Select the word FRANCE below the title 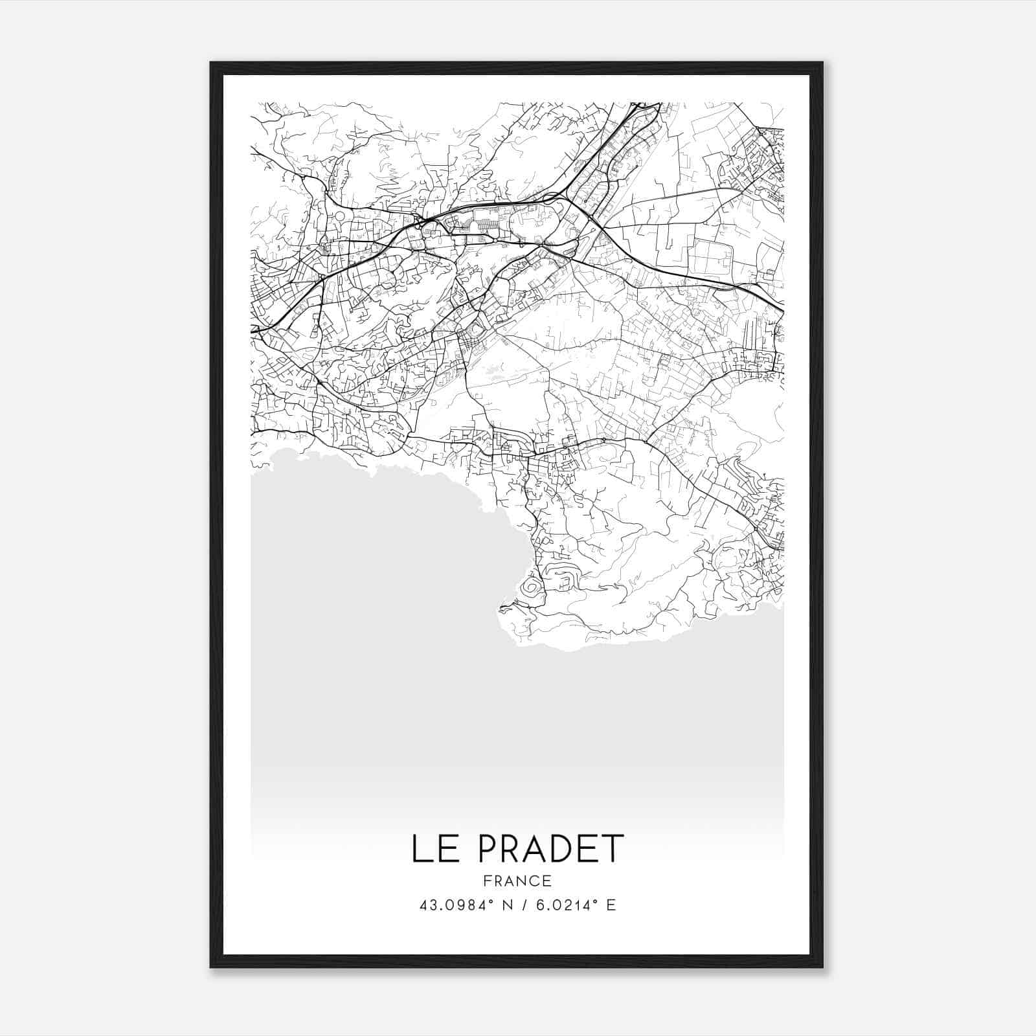pyautogui.click(x=517, y=881)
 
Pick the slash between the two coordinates pyautogui.click(x=526, y=905)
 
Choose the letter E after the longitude pyautogui.click(x=611, y=905)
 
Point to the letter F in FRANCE pyautogui.click(x=486, y=881)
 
